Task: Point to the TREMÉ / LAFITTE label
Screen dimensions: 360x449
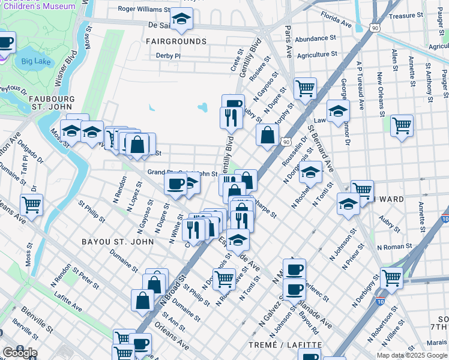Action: click(x=294, y=345)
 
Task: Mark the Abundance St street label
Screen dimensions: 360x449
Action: click(x=315, y=38)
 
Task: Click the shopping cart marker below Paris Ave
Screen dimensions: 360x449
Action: click(x=306, y=88)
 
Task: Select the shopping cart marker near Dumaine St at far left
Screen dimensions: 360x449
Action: click(x=31, y=204)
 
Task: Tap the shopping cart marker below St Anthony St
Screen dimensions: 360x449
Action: click(x=402, y=125)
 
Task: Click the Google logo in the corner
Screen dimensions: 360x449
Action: click(x=20, y=353)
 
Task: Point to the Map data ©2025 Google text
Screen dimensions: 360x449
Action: click(x=412, y=355)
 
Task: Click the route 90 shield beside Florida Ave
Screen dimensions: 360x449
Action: click(x=375, y=28)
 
